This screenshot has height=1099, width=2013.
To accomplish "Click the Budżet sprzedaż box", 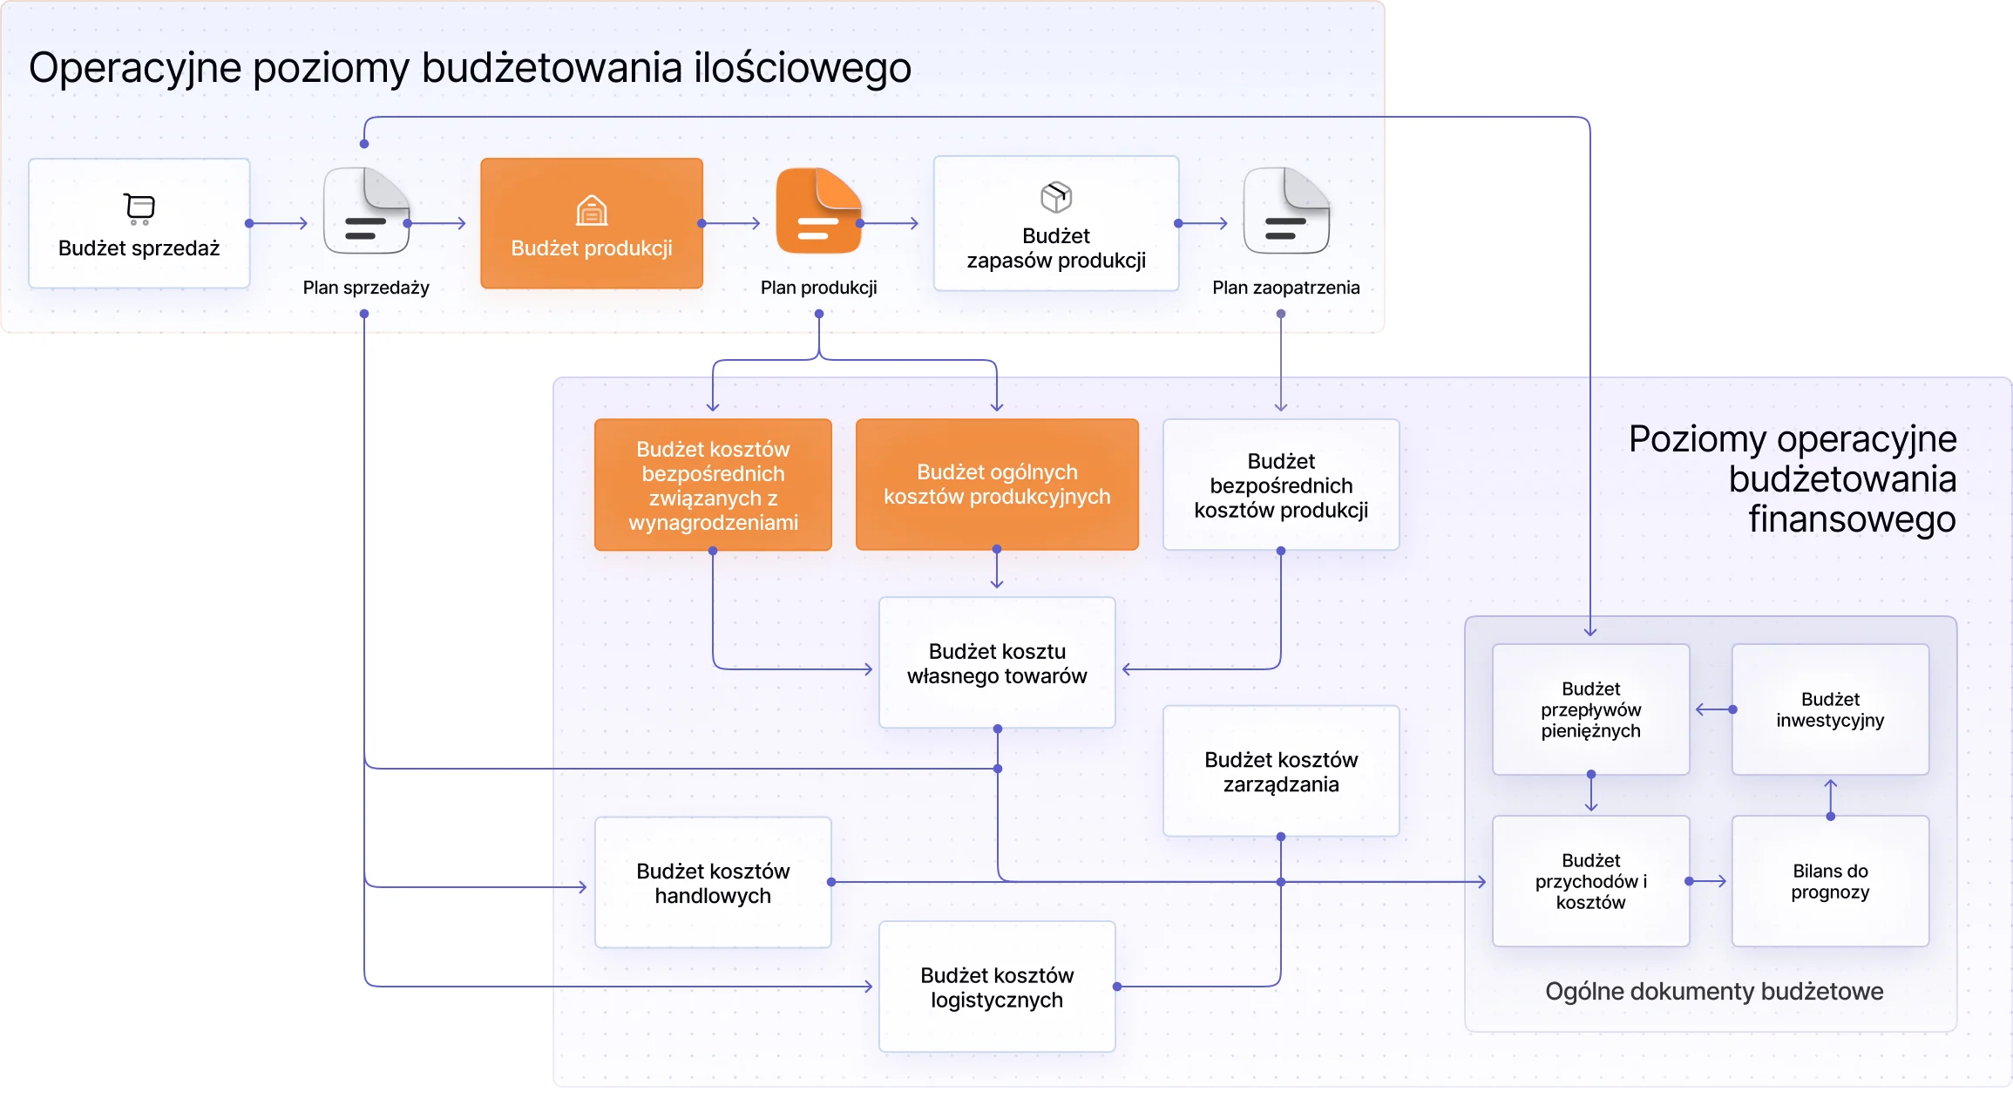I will (x=139, y=224).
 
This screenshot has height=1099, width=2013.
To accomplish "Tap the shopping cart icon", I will (x=139, y=208).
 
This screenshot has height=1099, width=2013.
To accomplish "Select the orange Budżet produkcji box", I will (x=592, y=224).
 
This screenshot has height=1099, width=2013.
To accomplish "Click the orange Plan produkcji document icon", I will (x=818, y=211).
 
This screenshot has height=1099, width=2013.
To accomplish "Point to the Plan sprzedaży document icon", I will (x=366, y=211).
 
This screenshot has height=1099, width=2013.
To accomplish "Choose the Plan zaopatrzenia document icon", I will (x=1285, y=211).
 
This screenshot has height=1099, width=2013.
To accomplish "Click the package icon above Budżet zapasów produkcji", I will (x=1056, y=197).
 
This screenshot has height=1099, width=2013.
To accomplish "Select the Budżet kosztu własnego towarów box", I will (x=997, y=663).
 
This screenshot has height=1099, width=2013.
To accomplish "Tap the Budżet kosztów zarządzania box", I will (x=1281, y=771).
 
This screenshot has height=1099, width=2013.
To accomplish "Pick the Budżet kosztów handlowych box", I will (x=713, y=883).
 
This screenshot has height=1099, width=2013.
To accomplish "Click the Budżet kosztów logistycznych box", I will (x=997, y=987).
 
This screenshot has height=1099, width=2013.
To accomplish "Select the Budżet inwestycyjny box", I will (x=1830, y=709).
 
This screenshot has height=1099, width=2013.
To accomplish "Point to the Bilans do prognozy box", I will (x=1830, y=881).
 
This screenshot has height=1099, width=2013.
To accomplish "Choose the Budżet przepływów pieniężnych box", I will (x=1590, y=709).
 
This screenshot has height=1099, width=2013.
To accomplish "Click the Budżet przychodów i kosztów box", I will (x=1590, y=881).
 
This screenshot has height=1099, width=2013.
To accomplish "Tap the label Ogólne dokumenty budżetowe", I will (x=1714, y=992).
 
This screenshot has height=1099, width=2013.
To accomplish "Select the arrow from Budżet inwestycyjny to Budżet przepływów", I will (x=1712, y=709).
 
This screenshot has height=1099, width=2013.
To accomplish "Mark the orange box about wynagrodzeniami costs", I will (x=713, y=485).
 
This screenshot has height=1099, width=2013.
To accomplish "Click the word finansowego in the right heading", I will (x=1852, y=519).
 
